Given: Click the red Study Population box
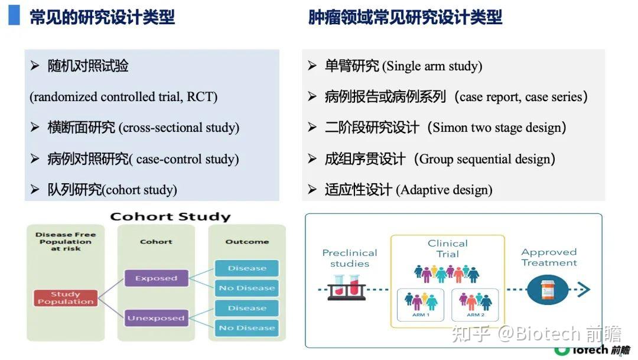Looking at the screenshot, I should click(65, 298).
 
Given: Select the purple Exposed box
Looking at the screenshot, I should click(156, 278).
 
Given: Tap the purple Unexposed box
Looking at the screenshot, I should click(156, 318).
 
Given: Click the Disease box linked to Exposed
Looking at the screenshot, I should click(246, 268).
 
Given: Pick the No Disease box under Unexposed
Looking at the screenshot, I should click(246, 327).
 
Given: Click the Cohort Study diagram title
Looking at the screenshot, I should click(170, 216).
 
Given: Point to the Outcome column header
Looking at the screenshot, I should click(246, 242).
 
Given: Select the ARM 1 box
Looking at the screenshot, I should click(421, 305).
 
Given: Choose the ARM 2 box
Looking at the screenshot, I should click(476, 305).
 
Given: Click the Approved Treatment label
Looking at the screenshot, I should click(549, 258).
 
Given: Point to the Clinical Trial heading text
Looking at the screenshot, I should click(447, 248).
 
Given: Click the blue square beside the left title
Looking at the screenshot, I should click(14, 15).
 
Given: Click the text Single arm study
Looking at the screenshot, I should click(432, 66).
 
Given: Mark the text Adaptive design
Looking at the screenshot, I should click(444, 190).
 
